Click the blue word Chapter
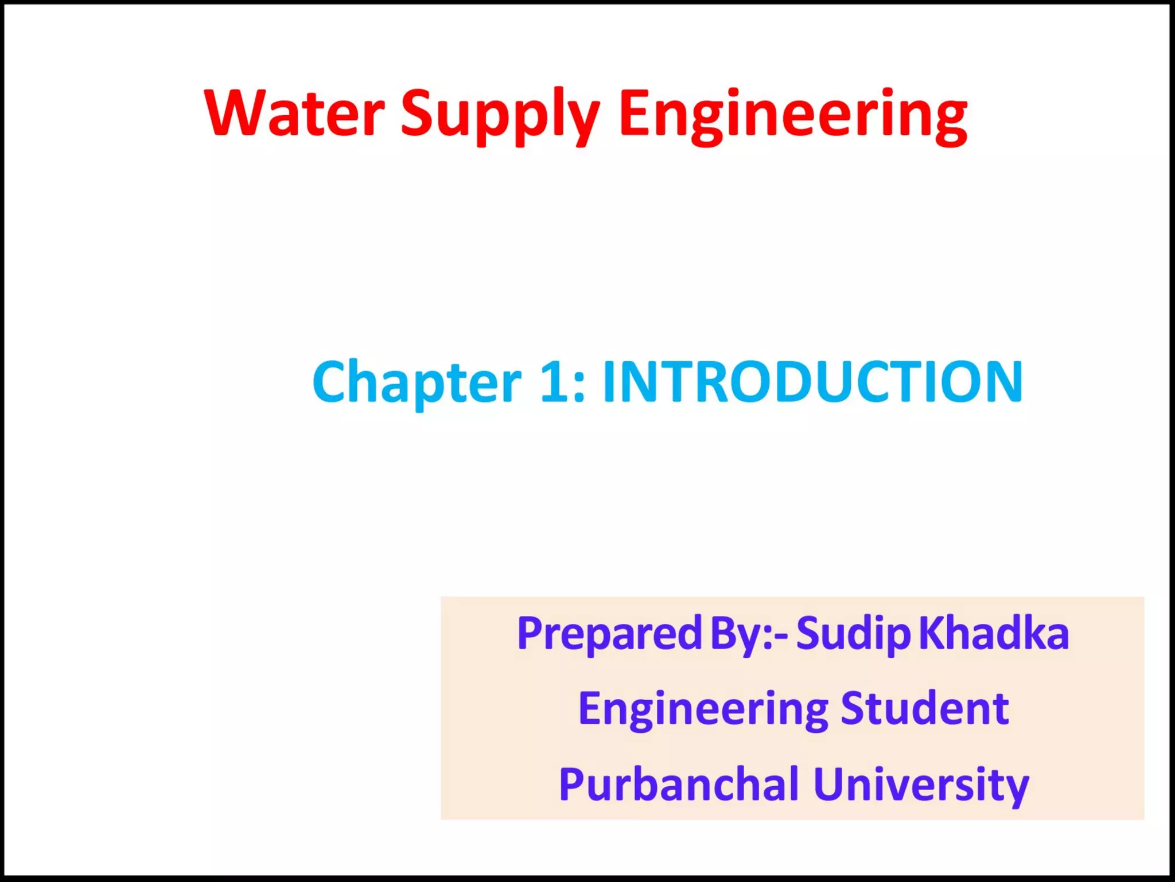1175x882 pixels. point(417,383)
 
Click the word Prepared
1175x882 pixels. point(609,634)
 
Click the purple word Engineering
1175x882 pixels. point(703,710)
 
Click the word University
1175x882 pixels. point(921,785)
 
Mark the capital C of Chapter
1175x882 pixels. point(329,381)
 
